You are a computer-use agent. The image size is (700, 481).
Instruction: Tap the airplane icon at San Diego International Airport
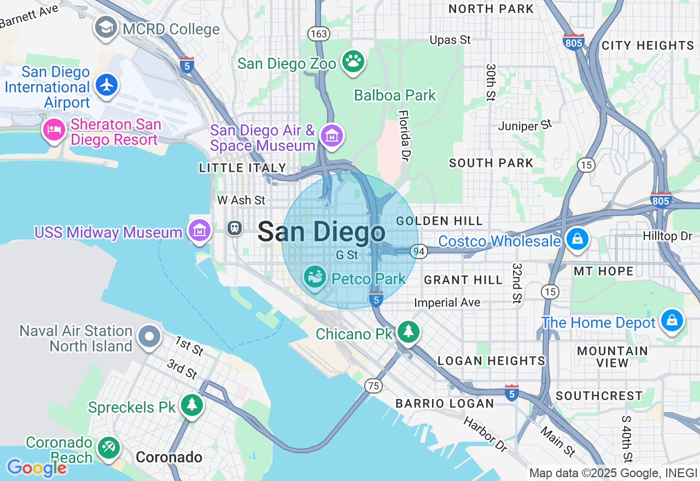(107, 85)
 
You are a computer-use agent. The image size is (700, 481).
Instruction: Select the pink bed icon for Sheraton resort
(54, 130)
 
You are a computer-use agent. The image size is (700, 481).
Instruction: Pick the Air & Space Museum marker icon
(331, 135)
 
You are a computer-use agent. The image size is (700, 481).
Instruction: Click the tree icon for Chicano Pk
(407, 331)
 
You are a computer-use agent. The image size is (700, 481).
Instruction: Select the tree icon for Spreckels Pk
(191, 405)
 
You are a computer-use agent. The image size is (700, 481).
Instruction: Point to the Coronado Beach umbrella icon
(108, 448)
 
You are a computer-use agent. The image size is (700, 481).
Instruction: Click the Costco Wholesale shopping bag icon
(576, 239)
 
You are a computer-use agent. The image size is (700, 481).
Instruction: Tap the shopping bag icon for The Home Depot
(671, 320)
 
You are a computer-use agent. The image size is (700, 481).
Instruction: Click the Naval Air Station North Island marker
(149, 337)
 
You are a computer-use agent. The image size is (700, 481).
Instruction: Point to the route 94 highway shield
(419, 251)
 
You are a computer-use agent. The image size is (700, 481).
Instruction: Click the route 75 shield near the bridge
(374, 386)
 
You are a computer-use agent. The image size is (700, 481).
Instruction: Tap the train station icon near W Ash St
(235, 228)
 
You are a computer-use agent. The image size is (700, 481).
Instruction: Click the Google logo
(36, 468)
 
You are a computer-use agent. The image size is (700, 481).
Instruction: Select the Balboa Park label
(395, 95)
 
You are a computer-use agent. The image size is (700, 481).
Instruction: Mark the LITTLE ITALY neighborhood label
(242, 168)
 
